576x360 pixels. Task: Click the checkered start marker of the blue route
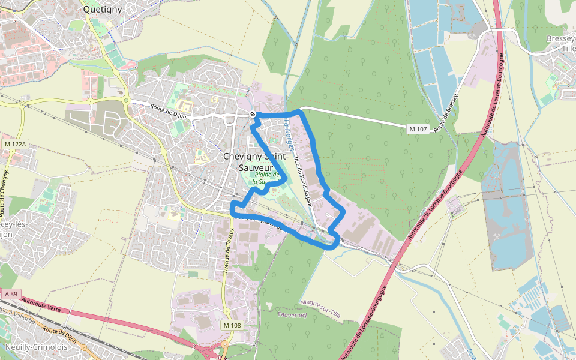[x=253, y=113]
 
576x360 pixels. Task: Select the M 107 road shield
[x=418, y=129]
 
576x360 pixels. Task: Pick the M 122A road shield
[x=15, y=144]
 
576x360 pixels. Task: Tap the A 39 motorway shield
[x=10, y=295]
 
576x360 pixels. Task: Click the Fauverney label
[x=293, y=314]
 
